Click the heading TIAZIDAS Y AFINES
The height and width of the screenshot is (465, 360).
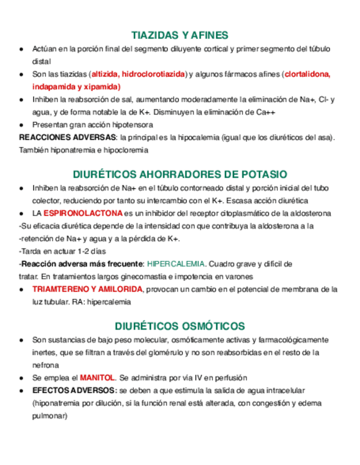[x=180, y=36]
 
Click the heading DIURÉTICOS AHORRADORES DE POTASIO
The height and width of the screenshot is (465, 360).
[x=180, y=174]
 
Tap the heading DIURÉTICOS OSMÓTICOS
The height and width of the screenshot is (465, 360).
[x=180, y=326]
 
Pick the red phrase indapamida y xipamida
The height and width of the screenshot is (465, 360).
[x=76, y=87]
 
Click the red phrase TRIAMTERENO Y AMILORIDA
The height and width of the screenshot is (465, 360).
[x=87, y=289]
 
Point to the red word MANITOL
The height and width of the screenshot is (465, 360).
[x=97, y=378]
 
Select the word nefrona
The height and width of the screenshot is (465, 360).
[x=46, y=365]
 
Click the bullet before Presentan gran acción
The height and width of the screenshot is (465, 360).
[x=21, y=124]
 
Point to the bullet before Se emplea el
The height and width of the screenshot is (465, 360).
[x=21, y=378]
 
